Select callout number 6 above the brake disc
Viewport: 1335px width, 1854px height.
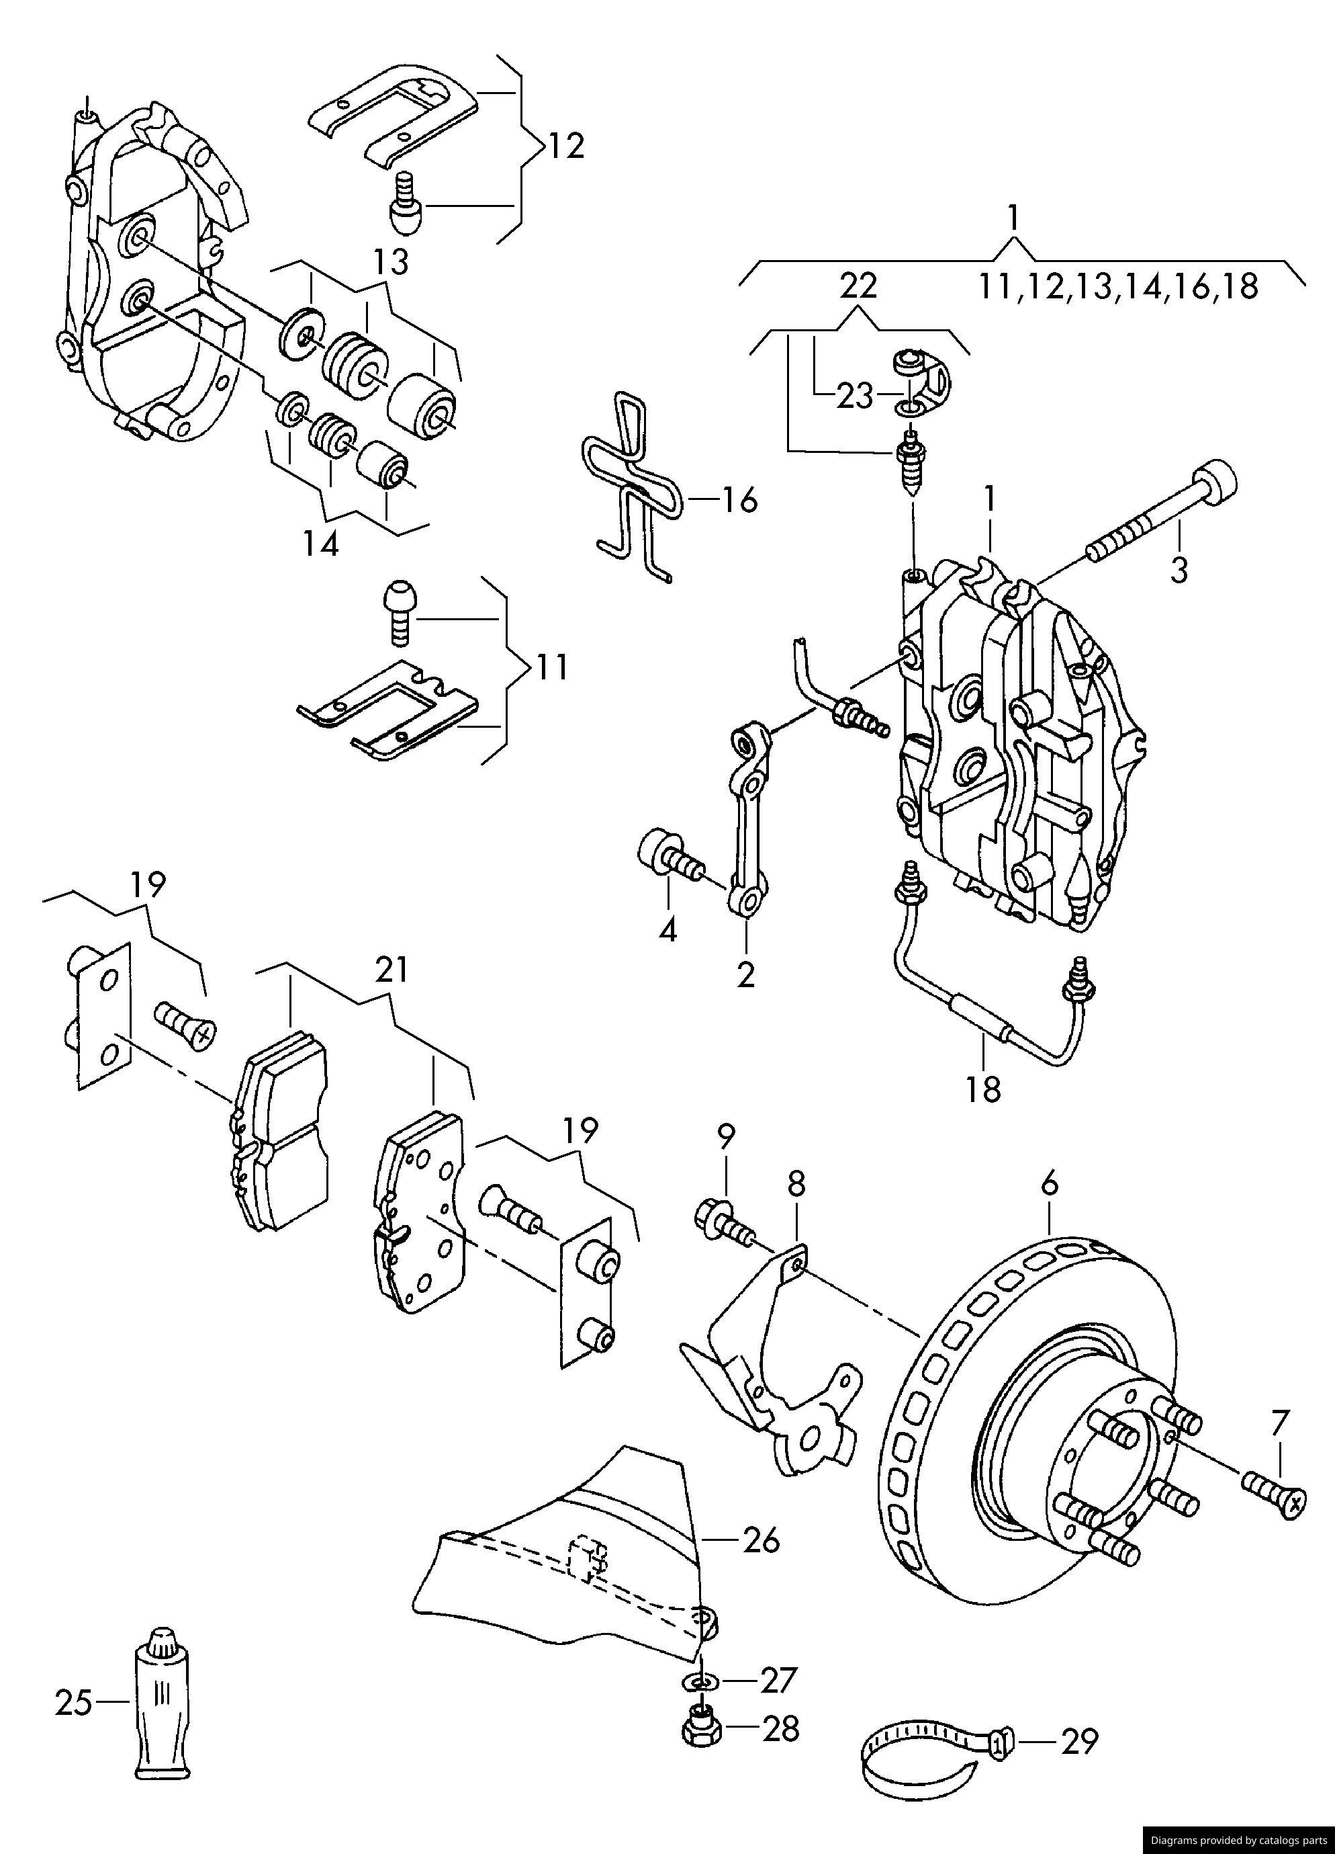1050,1183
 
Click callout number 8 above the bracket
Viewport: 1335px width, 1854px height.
796,1183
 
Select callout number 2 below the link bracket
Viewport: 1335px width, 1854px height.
745,974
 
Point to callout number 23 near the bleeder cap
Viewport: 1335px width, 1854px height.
855,396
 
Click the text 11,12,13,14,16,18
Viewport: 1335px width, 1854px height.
1119,287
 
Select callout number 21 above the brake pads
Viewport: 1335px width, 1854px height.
392,970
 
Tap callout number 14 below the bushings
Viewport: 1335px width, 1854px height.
321,544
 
